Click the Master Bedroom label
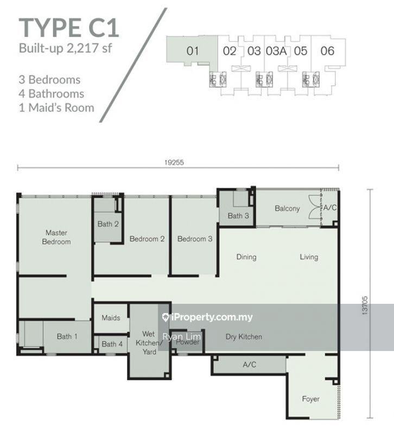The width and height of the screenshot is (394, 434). pos(56,237)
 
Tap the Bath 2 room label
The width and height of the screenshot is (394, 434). pos(108,224)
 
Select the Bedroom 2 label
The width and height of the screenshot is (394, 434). pos(147,239)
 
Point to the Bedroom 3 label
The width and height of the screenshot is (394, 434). pos(195,239)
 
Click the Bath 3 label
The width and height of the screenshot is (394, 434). pos(238,215)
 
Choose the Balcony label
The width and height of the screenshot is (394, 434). pos(287,208)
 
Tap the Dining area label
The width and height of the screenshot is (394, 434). pos(246,257)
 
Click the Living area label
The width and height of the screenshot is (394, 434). pos(309,257)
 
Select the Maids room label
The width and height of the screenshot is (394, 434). pos(111,317)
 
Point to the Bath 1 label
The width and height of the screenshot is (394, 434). pos(67,336)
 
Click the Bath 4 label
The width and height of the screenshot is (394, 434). pos(112,344)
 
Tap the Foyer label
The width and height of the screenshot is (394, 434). pos(310,399)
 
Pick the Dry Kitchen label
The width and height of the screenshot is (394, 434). pos(244,337)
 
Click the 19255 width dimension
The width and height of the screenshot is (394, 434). pos(174,162)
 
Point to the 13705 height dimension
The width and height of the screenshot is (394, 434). pos(365,305)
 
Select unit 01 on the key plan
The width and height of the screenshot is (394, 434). pos(193,51)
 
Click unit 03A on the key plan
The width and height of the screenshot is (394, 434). pos(276,51)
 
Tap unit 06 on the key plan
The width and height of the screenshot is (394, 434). pos(327,51)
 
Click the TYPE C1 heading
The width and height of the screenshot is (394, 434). pos(69,28)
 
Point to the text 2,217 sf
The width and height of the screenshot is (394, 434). pos(89,48)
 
